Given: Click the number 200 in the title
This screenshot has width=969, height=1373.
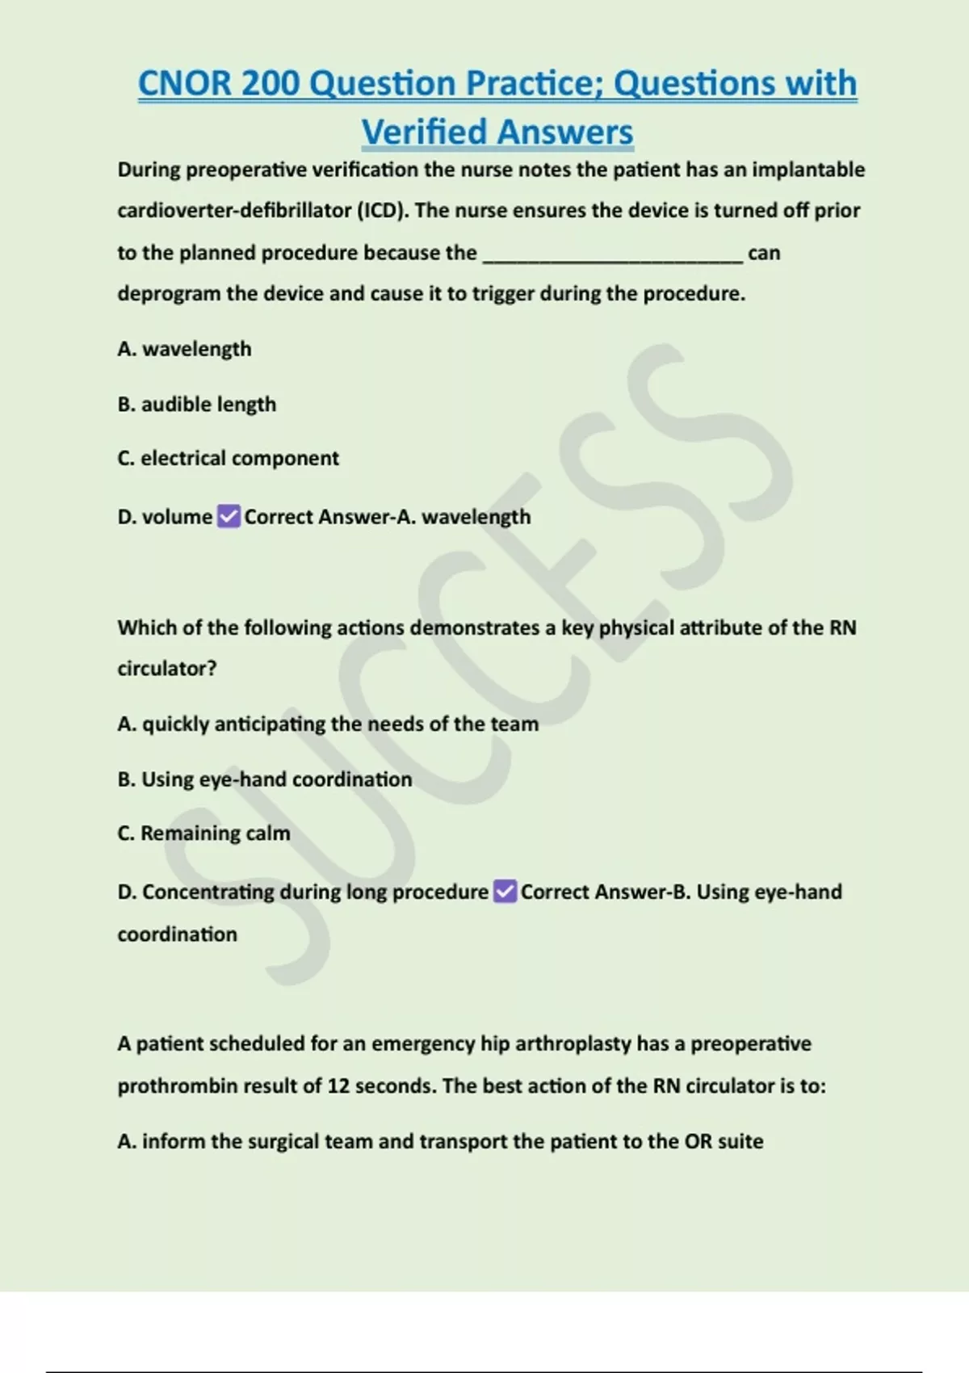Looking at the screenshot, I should [270, 83].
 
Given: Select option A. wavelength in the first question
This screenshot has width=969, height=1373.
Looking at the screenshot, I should [184, 349].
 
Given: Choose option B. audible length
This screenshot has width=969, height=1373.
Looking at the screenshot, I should [196, 404].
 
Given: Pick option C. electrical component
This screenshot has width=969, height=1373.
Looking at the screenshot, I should [228, 458].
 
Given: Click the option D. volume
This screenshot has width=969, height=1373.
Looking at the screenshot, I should [165, 517].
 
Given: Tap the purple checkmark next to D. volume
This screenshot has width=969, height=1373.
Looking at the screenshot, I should [229, 516].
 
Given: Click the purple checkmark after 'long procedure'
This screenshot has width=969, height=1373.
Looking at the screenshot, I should [505, 892].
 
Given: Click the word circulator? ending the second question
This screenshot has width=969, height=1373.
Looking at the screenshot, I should [166, 669].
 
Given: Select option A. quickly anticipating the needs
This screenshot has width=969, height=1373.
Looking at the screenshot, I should [327, 724].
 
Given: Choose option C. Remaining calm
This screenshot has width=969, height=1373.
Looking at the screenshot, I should [203, 833].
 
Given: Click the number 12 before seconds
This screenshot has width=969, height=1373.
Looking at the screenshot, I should [338, 1085].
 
